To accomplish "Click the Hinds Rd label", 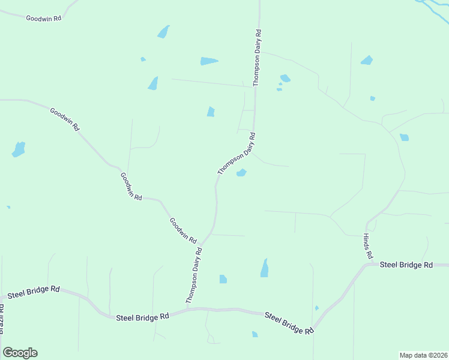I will pyautogui.click(x=368, y=246).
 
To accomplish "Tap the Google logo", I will pyautogui.click(x=20, y=353).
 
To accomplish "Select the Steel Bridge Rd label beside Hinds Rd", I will pyautogui.click(x=406, y=265).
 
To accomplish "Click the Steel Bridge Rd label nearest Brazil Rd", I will pyautogui.click(x=33, y=292).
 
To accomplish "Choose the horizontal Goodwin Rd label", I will pyautogui.click(x=44, y=18).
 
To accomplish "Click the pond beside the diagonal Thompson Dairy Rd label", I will pyautogui.click(x=241, y=173).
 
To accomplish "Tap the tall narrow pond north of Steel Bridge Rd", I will pyautogui.click(x=264, y=268).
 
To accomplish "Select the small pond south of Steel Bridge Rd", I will pyautogui.click(x=255, y=334).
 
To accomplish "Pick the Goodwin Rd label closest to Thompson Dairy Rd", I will pyautogui.click(x=183, y=230).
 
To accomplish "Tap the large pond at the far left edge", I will pyautogui.click(x=19, y=149).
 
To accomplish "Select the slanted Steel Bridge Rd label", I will pyautogui.click(x=289, y=322).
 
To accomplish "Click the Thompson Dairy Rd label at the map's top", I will pyautogui.click(x=257, y=57).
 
